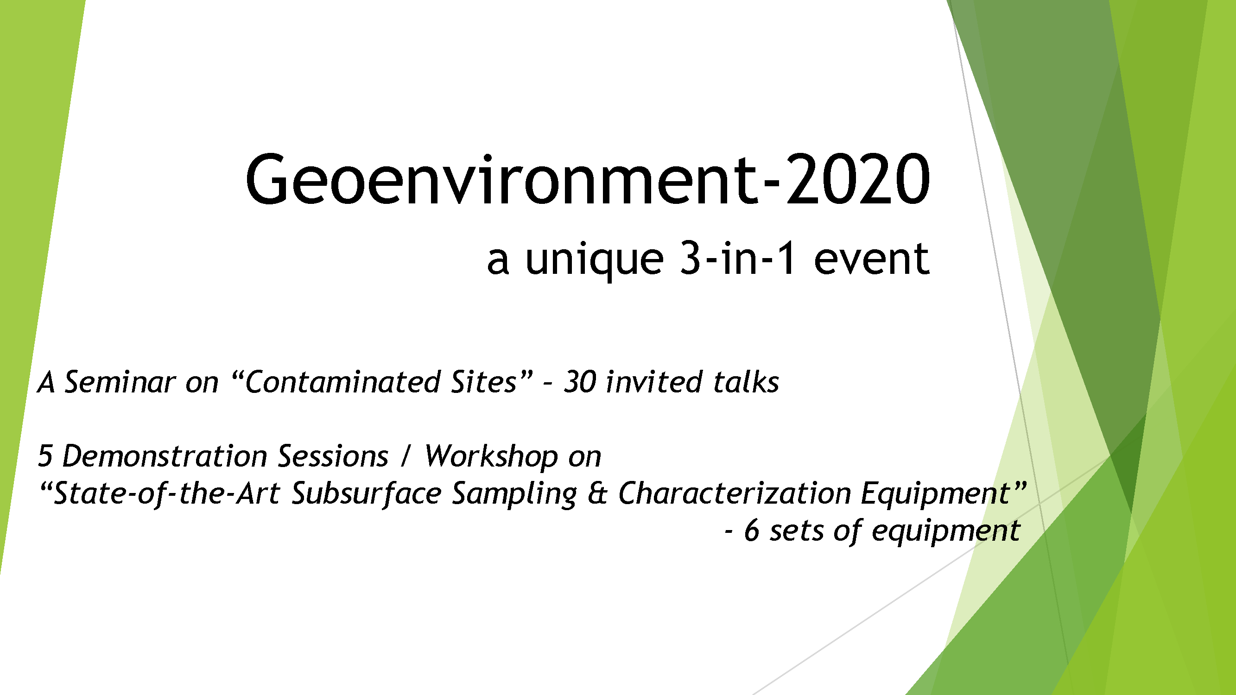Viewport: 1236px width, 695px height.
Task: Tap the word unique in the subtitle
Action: click(x=595, y=261)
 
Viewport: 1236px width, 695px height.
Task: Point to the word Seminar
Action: click(x=120, y=382)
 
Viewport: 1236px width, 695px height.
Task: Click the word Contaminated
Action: click(x=342, y=382)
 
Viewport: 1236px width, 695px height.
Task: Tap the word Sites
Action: click(x=484, y=382)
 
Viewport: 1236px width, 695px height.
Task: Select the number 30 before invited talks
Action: click(x=580, y=382)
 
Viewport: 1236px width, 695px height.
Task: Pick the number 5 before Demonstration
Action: click(x=44, y=455)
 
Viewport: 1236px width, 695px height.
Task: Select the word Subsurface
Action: click(x=367, y=493)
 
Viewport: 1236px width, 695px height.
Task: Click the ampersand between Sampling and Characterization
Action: click(x=597, y=493)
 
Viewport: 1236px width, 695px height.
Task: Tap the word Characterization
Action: click(x=735, y=493)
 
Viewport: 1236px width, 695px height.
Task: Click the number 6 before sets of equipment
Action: click(x=751, y=531)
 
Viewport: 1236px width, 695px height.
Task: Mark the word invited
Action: click(x=654, y=382)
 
